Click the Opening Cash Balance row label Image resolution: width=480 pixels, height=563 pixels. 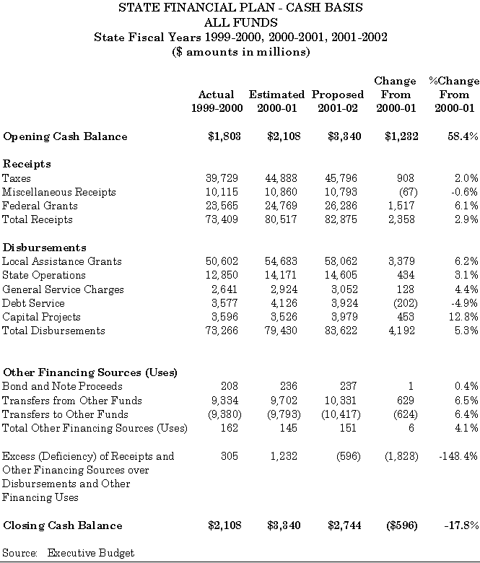click(65, 136)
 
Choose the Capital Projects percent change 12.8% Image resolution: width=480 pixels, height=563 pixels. click(462, 317)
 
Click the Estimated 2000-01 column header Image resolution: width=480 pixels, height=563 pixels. click(276, 102)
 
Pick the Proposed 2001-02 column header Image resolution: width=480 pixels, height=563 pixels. click(338, 102)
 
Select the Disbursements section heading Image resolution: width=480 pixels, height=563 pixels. click(45, 248)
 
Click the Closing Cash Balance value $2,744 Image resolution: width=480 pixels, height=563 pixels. click(343, 525)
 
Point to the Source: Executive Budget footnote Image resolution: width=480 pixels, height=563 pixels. click(69, 553)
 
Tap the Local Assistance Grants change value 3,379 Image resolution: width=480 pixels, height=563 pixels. click(403, 261)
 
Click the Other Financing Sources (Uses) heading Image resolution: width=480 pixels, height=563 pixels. click(91, 372)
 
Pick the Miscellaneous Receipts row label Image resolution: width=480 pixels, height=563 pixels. click(59, 192)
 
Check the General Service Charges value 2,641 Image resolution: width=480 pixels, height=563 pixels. click(227, 289)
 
